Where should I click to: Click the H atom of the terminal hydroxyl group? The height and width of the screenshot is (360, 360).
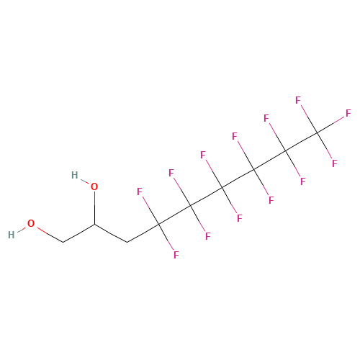tap(12, 235)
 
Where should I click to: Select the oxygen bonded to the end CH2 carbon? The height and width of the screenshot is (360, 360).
tap(31, 223)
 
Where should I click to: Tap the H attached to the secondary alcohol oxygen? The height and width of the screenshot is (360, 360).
tap(75, 175)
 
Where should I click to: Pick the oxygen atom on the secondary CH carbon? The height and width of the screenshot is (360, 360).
tap(94, 186)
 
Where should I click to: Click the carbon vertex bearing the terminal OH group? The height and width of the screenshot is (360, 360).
tap(63, 242)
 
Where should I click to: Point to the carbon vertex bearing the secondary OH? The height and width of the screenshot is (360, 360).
tap(94, 224)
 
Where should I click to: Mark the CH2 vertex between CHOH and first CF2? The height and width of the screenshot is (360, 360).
tap(127, 242)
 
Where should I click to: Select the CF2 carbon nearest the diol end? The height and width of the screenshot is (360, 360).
tap(158, 224)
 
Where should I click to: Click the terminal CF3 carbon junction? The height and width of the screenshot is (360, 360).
tap(318, 132)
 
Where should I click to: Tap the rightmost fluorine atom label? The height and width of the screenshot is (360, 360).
tap(348, 113)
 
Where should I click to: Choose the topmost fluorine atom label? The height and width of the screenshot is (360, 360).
tap(298, 100)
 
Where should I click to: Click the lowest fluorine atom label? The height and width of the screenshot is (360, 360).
tap(176, 255)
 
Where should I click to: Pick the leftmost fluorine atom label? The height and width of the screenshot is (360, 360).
tap(140, 192)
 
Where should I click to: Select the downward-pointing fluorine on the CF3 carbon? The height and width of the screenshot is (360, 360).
tap(335, 163)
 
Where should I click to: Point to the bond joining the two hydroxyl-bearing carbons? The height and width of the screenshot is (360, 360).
tap(78, 233)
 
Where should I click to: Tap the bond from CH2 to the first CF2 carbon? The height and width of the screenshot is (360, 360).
tap(143, 233)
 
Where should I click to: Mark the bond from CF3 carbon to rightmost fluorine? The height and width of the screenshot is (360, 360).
tap(331, 125)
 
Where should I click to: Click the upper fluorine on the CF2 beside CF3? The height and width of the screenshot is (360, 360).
tap(266, 118)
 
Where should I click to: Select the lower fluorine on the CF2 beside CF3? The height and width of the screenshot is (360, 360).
tap(303, 181)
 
